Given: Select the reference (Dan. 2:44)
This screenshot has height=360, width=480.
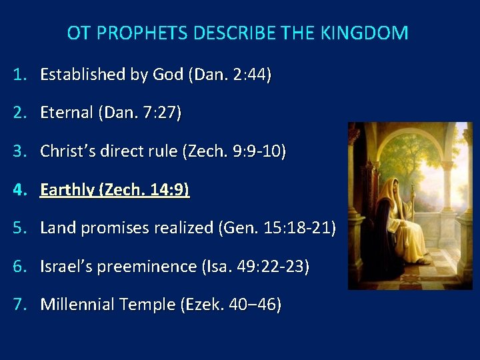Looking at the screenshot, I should point(230,75).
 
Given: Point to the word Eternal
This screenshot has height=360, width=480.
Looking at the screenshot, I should point(67,113).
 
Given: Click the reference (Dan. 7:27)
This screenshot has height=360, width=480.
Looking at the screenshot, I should point(139,113).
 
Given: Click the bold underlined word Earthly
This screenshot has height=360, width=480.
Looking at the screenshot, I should point(67,190).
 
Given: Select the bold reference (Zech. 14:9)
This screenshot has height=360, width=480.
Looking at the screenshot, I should point(144,190).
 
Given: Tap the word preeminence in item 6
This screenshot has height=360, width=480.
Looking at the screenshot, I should point(151,267).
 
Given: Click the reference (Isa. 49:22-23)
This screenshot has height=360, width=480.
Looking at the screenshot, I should point(255,267).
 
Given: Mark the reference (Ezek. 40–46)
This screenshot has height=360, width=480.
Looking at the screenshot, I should point(227,305).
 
